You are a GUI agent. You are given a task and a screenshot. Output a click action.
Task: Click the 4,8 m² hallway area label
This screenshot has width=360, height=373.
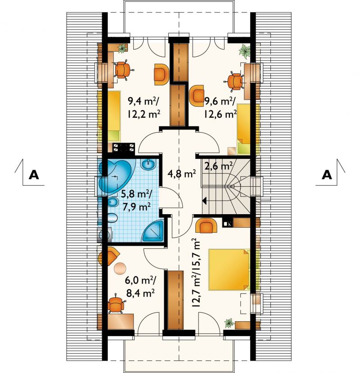tap(181, 174)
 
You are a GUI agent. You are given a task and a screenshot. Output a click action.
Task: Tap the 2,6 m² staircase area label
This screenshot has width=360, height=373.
tap(218, 166)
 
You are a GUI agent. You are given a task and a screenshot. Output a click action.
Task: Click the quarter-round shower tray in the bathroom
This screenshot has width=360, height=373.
tap(153, 231)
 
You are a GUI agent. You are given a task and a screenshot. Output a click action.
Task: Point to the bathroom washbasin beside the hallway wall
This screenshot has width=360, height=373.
tap(148, 164)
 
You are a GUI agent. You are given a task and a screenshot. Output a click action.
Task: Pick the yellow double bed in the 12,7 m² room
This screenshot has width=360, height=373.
tap(229, 270)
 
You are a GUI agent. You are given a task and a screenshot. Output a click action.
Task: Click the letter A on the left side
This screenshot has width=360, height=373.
tap(34, 175)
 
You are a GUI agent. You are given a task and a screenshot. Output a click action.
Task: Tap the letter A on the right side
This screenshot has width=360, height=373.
tap(327, 175)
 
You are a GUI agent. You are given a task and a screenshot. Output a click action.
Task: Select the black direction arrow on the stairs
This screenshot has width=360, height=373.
tap(204, 201)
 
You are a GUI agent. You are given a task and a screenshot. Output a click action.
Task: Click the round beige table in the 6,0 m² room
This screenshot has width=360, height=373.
tap(120, 268)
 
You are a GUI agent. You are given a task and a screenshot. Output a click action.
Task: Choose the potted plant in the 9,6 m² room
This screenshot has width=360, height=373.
tap(245, 51)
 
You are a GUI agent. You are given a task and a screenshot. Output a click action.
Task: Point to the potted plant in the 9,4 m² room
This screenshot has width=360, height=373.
tap(122, 48)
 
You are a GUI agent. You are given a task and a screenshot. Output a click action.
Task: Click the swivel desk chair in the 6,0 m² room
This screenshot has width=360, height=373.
tap(116, 304)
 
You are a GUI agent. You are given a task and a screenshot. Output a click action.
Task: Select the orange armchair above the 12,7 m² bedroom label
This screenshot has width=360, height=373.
tap(206, 225)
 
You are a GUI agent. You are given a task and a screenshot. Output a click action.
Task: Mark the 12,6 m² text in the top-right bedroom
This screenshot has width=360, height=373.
tap(220, 114)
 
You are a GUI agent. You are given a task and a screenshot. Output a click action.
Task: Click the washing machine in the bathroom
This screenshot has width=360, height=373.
tap(105, 235)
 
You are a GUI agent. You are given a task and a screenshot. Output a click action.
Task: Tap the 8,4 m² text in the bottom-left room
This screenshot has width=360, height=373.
tap(140, 293)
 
